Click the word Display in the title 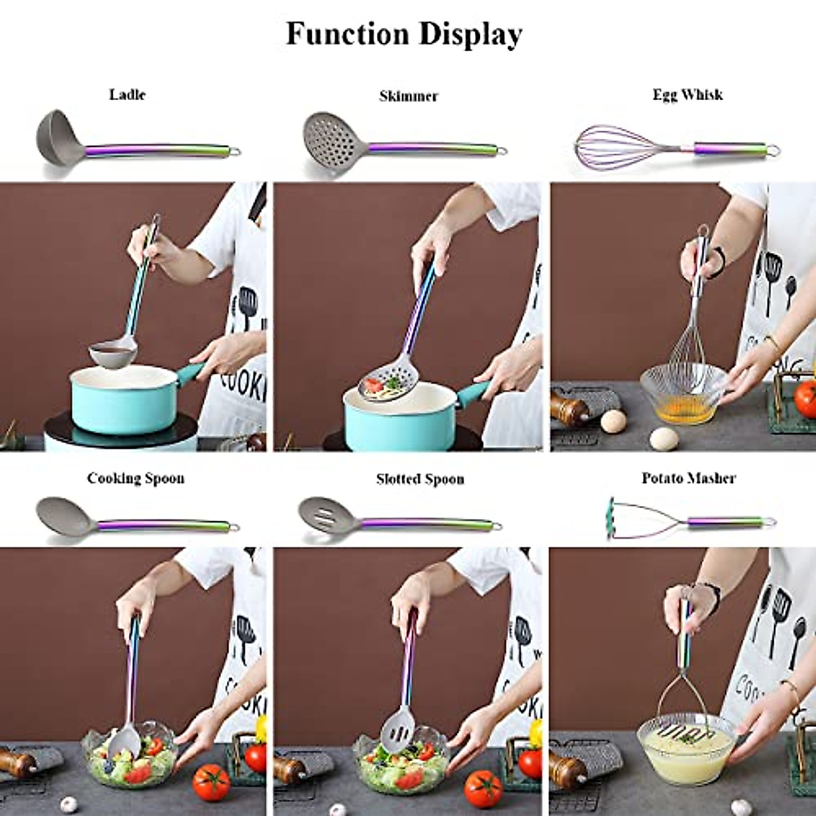(x=469, y=34)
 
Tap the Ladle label (x=127, y=95)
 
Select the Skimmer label (x=408, y=96)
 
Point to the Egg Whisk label (x=687, y=95)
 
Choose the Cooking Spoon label (x=135, y=478)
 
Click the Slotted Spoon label (x=420, y=479)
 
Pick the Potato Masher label (x=688, y=478)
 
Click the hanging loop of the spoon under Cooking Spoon (x=235, y=526)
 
